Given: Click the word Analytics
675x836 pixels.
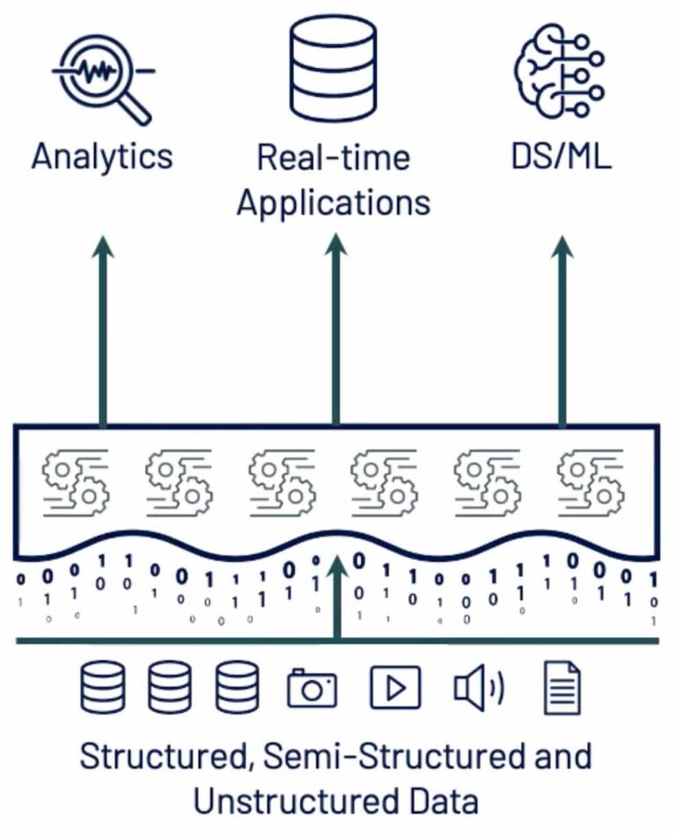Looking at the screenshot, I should pos(103,157).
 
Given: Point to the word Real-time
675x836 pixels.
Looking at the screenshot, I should pos(334,158).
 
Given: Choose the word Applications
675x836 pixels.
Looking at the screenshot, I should pos(334,202).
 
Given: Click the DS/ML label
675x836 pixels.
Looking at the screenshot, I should pos(561,157).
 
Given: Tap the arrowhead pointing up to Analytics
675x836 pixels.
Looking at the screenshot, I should pos(104,248).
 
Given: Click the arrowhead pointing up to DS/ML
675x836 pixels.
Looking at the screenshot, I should pos(562,248).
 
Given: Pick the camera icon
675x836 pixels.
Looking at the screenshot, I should pos(312,687).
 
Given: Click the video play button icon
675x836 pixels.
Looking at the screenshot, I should pos(395,687).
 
